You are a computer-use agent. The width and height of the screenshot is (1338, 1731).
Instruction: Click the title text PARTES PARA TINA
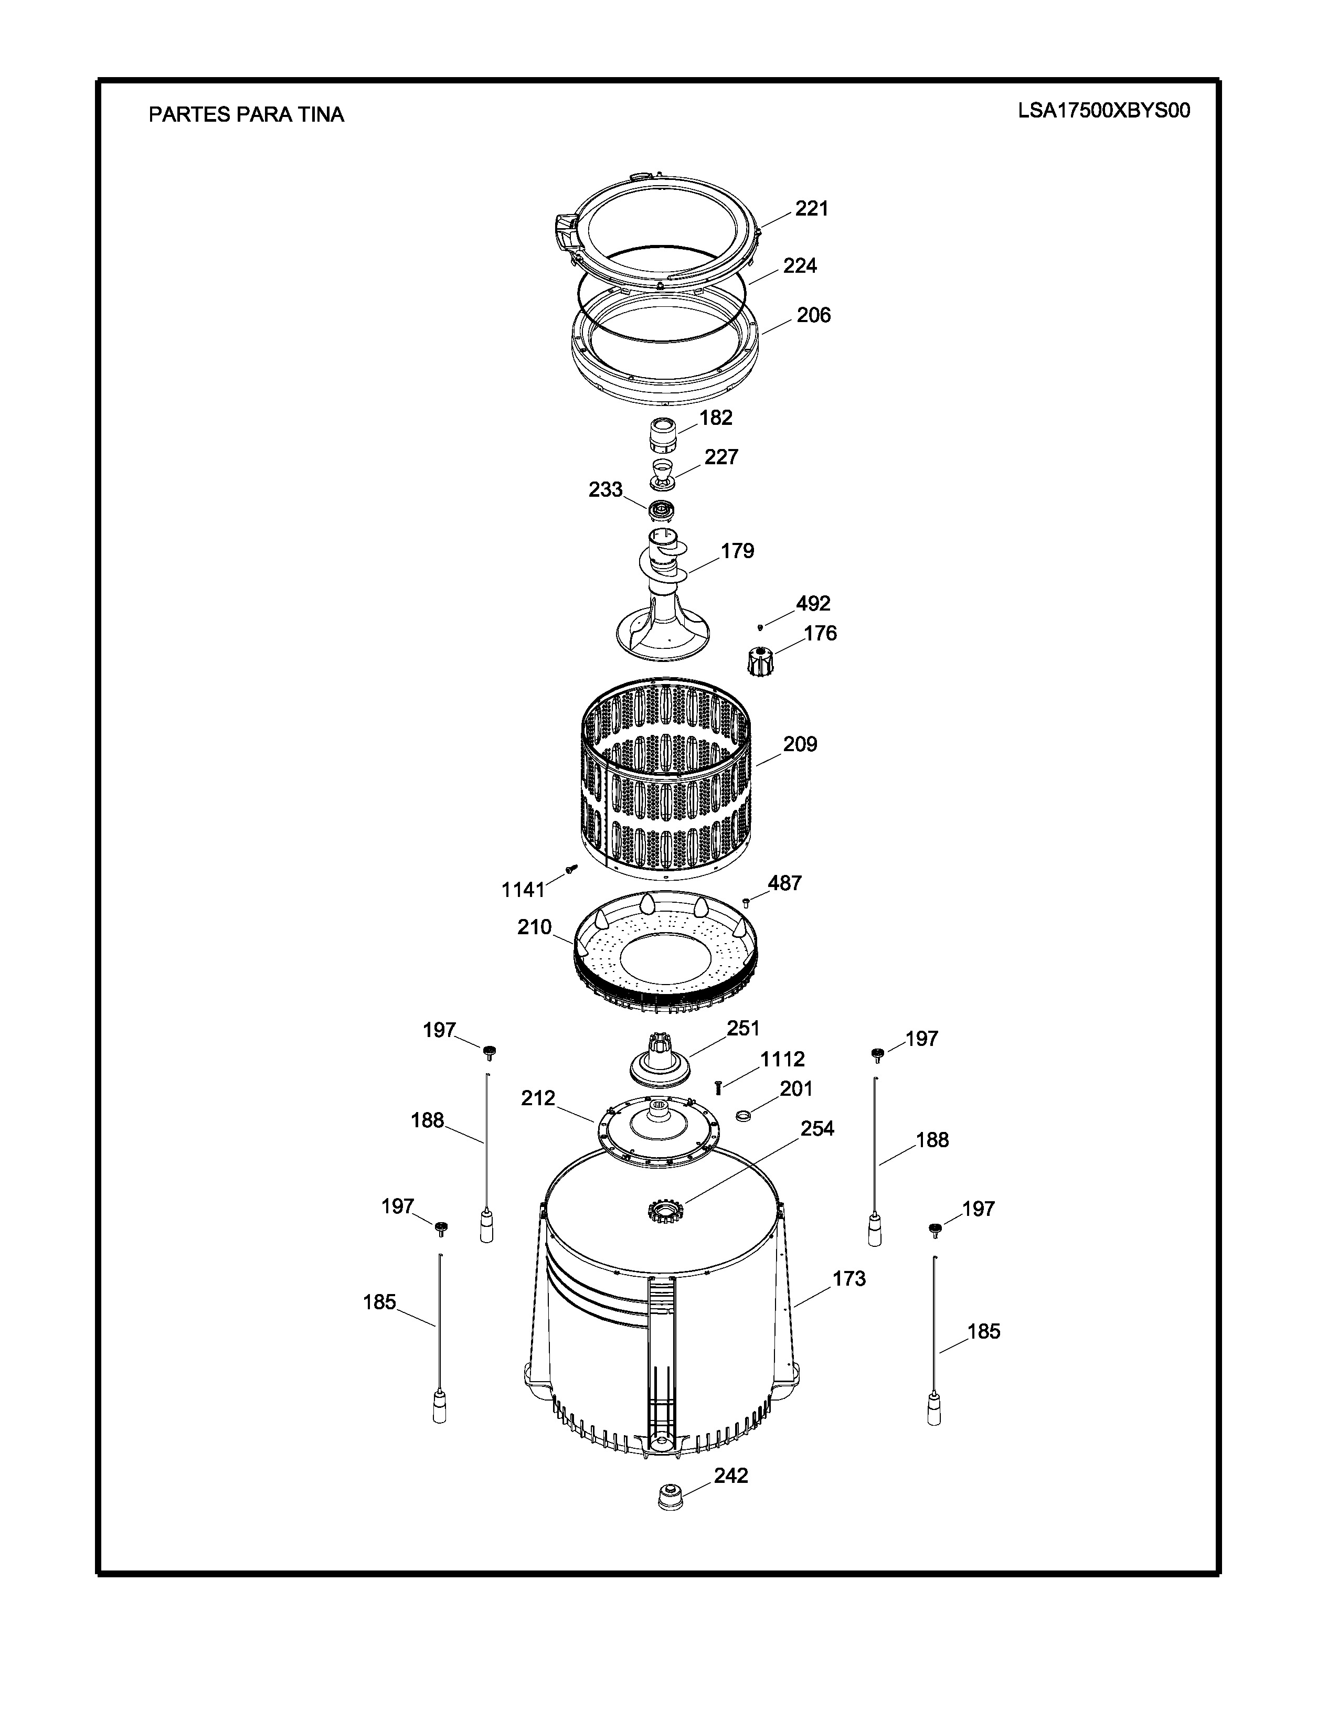coord(247,115)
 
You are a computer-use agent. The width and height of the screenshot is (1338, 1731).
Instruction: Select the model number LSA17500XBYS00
coord(1104,111)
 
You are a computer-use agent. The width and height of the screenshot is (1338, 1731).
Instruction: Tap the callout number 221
coord(812,208)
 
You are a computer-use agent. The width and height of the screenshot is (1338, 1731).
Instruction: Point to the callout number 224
coord(800,265)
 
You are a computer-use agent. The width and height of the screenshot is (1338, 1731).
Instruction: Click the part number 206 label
coord(813,315)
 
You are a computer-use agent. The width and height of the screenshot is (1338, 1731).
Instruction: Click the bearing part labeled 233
coord(661,510)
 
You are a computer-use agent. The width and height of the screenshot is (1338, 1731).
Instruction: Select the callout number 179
coord(737,551)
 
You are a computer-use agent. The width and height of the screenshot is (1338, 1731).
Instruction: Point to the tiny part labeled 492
coord(760,627)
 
